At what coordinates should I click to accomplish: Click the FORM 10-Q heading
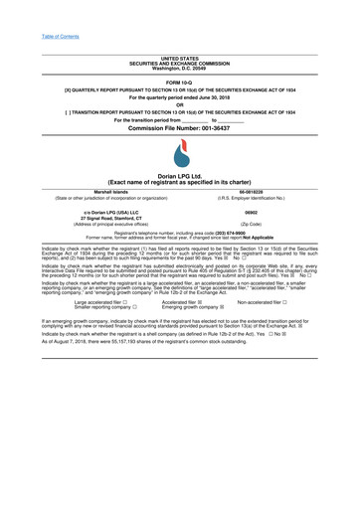tap(179, 80)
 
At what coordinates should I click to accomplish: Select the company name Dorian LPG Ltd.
tap(180, 175)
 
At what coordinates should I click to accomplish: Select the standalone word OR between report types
tap(179, 105)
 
